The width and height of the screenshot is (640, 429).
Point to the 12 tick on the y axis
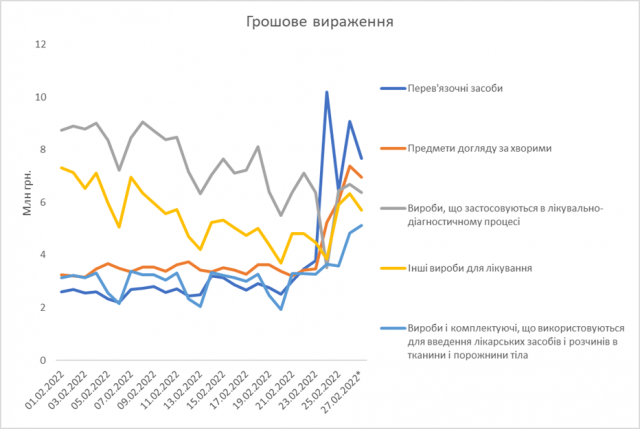(42, 45)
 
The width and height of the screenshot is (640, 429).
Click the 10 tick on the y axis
(42, 98)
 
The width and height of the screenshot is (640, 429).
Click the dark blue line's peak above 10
(327, 92)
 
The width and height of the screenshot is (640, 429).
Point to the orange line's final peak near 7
(350, 166)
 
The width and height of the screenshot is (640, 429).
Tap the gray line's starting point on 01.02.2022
(61, 130)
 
